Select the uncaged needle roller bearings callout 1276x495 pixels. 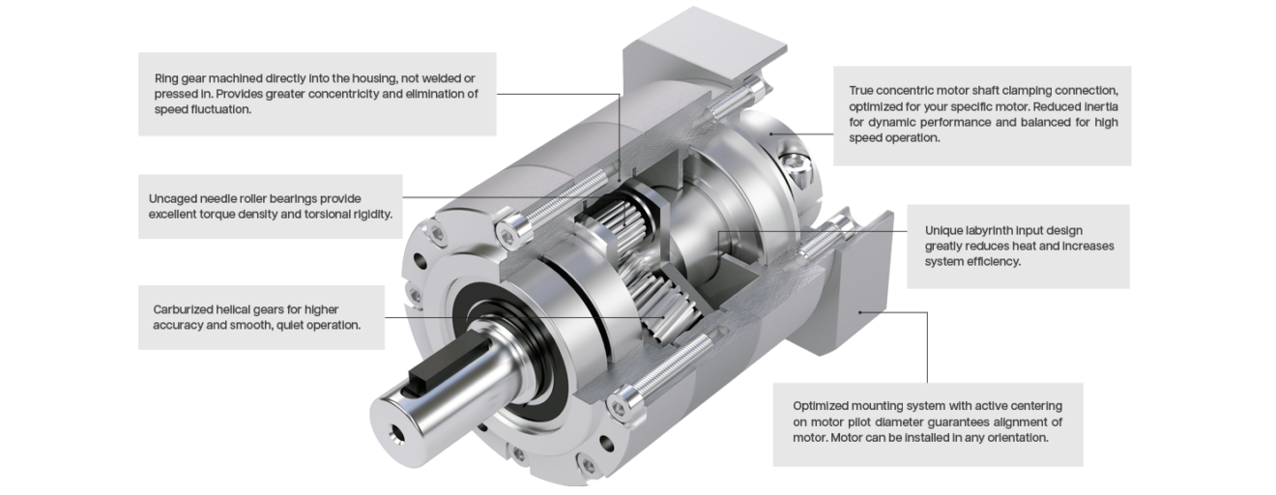pos(271,206)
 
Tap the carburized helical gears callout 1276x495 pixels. pos(261,317)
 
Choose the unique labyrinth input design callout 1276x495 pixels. pos(1018,246)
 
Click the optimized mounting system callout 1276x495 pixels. pos(927,422)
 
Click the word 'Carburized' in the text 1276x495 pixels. pos(185,309)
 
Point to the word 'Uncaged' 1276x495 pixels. pos(173,198)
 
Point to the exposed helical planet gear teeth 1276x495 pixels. pos(657,300)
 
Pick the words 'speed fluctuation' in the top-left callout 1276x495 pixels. pos(202,109)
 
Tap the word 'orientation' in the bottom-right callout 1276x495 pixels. pos(1015,438)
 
